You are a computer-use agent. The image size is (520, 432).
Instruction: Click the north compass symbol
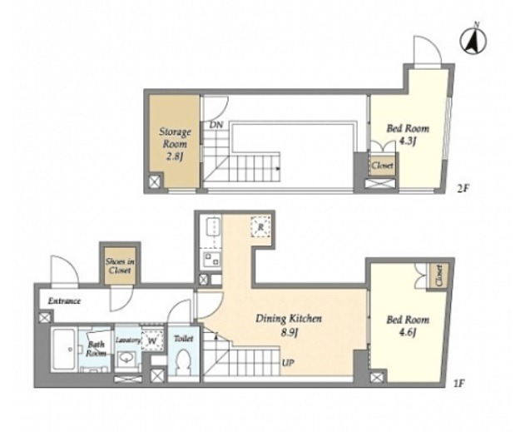click(473, 41)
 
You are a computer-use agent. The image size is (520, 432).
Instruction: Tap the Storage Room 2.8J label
click(175, 144)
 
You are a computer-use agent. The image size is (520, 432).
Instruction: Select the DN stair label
click(215, 125)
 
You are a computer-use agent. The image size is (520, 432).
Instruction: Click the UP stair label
click(288, 363)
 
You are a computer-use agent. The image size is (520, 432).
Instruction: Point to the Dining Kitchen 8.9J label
click(288, 325)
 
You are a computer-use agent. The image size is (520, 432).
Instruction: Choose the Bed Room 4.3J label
click(408, 134)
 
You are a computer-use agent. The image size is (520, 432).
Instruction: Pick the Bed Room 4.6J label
click(408, 325)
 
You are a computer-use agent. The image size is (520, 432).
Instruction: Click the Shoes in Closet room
click(120, 266)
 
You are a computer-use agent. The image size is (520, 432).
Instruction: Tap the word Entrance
click(64, 301)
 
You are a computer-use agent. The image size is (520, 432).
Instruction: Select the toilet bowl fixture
click(184, 362)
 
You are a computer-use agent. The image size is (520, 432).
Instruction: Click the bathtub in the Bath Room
click(64, 350)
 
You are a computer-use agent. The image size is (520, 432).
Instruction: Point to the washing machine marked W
click(152, 340)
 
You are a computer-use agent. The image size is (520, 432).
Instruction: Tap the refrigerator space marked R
click(261, 227)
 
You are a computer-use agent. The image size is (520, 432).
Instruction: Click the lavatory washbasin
click(126, 358)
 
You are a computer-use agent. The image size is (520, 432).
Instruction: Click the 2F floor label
click(463, 189)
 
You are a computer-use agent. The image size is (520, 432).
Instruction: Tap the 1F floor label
click(458, 384)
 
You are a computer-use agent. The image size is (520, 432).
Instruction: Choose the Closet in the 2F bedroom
click(383, 165)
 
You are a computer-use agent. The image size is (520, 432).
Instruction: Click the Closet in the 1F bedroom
click(438, 275)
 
